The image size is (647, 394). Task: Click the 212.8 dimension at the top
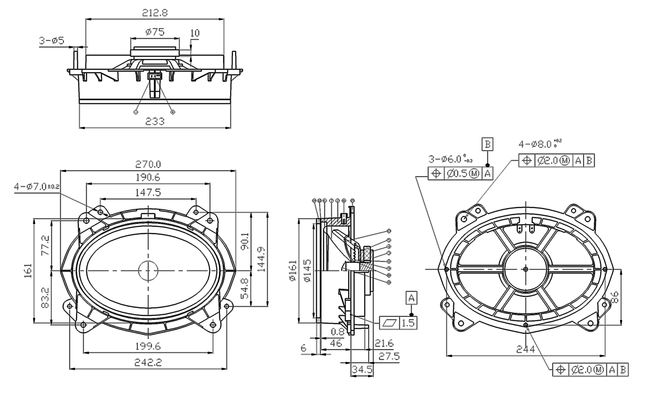click(154, 13)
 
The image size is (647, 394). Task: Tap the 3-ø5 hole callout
click(51, 41)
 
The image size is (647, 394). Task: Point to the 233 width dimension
click(154, 121)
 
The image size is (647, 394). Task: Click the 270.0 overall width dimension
click(148, 164)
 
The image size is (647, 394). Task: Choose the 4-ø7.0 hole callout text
click(37, 186)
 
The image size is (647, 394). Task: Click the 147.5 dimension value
click(147, 192)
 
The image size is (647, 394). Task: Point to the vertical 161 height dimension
click(28, 271)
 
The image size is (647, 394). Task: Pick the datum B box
click(487, 145)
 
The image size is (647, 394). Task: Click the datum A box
click(411, 298)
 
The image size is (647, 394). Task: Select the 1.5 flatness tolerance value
click(408, 323)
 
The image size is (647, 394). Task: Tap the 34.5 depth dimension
click(360, 369)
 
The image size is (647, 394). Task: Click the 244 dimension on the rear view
click(525, 349)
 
